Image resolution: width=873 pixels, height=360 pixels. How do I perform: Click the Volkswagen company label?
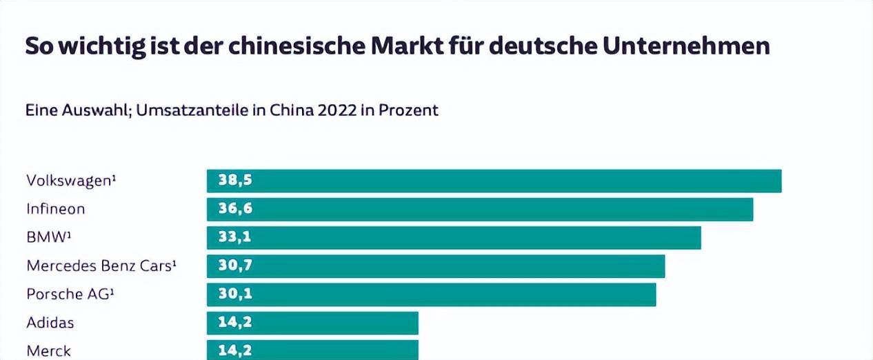pyautogui.click(x=71, y=181)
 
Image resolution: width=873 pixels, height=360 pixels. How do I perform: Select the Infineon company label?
pyautogui.click(x=56, y=209)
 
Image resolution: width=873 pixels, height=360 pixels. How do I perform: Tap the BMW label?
pyautogui.click(x=49, y=237)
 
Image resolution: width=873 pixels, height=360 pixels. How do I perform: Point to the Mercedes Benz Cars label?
pyautogui.click(x=101, y=266)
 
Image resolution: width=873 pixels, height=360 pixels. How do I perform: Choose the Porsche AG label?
pyautogui.click(x=70, y=294)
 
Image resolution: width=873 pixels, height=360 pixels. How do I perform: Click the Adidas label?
pyautogui.click(x=50, y=323)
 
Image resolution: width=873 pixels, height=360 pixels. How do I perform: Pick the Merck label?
pyautogui.click(x=49, y=351)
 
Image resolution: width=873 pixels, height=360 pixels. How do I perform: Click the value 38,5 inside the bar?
pyautogui.click(x=235, y=180)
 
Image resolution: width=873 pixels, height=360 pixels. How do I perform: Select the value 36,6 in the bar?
pyautogui.click(x=235, y=208)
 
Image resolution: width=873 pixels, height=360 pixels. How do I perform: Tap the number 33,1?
pyautogui.click(x=234, y=237)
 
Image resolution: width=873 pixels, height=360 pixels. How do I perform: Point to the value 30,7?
pyautogui.click(x=235, y=266)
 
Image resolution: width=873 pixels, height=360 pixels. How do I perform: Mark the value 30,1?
pyautogui.click(x=235, y=294)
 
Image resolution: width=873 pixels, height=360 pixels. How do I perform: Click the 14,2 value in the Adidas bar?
pyautogui.click(x=235, y=322)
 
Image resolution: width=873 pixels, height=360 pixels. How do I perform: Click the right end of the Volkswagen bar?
pyautogui.click(x=781, y=181)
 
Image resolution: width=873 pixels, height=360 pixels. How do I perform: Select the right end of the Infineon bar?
pyautogui.click(x=752, y=209)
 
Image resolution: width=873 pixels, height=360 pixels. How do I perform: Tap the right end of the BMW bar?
pyautogui.click(x=701, y=238)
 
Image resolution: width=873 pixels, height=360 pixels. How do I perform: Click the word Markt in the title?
pyautogui.click(x=407, y=46)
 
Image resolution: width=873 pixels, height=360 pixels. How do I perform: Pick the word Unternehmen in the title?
pyautogui.click(x=686, y=46)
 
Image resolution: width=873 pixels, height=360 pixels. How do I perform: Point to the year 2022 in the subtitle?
pyautogui.click(x=337, y=110)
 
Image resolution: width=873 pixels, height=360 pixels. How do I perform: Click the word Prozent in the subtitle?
pyautogui.click(x=408, y=110)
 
